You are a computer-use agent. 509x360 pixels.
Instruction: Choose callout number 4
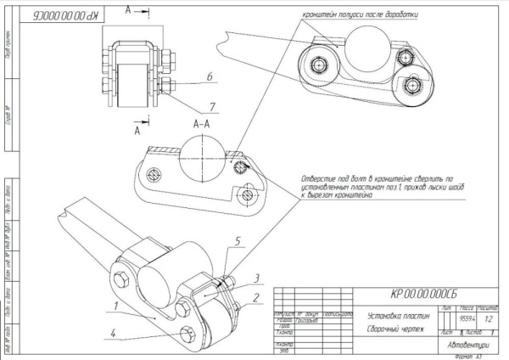[x=113, y=334]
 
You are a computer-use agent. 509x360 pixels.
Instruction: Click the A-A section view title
[x=201, y=124]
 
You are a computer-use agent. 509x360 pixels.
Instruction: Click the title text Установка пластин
[x=400, y=315]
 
